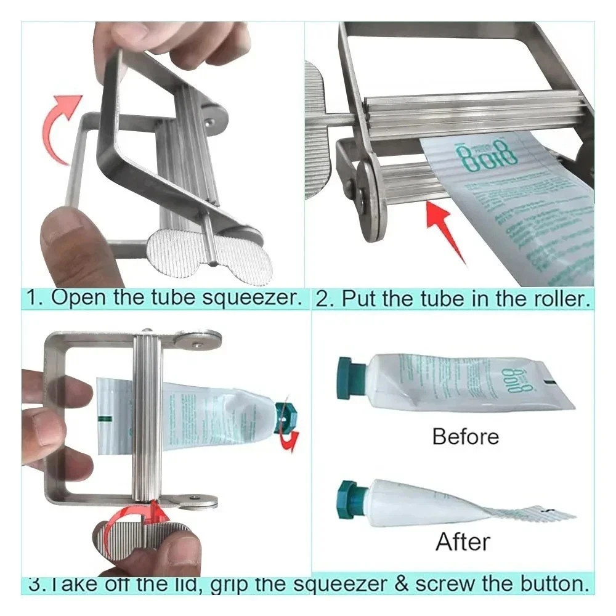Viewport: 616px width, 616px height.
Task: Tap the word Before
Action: [x=465, y=437]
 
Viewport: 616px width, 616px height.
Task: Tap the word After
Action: [x=463, y=542]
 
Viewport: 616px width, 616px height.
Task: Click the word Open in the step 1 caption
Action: [x=76, y=298]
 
